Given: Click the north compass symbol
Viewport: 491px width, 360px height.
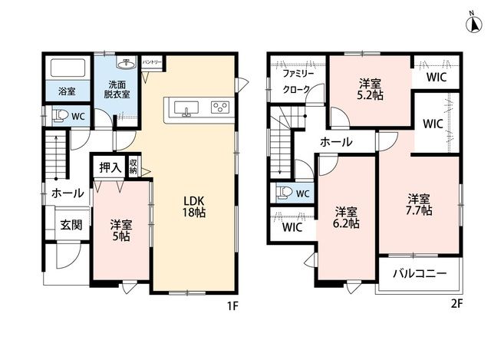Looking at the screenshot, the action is [x=474, y=24].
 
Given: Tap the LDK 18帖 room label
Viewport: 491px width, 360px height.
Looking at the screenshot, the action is [x=194, y=206].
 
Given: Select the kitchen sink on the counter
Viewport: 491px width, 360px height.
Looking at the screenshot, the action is [x=186, y=108].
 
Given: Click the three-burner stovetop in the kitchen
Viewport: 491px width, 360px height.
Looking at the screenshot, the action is [x=220, y=107].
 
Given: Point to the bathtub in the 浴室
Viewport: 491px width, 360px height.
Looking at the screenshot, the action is [x=68, y=68].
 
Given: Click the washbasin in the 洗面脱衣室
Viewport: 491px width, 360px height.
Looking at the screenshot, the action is [x=126, y=63].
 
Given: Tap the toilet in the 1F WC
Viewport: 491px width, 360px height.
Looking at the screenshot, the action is [x=60, y=116].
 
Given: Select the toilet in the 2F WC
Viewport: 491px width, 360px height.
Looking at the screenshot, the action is [x=284, y=193].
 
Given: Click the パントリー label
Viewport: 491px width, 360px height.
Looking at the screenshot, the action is [x=152, y=62].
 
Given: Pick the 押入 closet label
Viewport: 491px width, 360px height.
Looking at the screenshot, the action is [x=110, y=167].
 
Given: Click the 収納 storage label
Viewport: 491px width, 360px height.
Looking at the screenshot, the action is [x=133, y=167].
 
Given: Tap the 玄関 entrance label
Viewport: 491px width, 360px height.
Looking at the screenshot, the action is [x=71, y=225].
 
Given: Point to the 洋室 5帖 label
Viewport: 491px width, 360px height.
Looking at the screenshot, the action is [x=121, y=230].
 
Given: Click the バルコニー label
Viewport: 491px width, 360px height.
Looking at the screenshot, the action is [x=420, y=274].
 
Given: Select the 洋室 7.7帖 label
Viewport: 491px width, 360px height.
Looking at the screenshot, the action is [x=419, y=204].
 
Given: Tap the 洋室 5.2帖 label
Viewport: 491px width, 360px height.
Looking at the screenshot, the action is [x=370, y=89].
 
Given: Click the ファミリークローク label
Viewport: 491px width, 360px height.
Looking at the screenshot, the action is [x=298, y=81].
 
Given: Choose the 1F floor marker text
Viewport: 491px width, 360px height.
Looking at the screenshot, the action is [x=233, y=306].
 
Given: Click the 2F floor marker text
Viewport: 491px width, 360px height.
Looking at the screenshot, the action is [x=457, y=304].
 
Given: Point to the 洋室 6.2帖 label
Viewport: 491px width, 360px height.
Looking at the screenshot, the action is [x=346, y=217].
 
